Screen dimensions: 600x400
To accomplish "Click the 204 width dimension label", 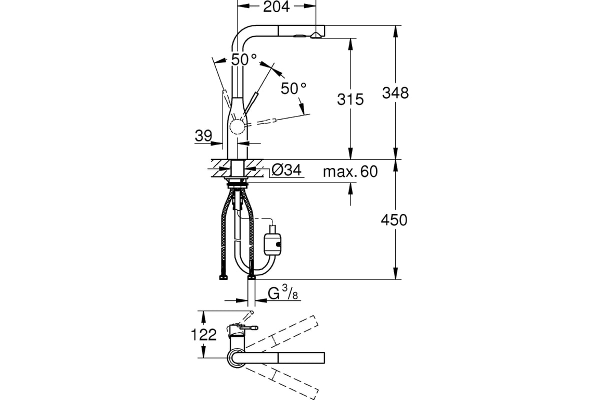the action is (x=276, y=6).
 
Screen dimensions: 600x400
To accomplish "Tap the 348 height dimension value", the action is (x=395, y=93).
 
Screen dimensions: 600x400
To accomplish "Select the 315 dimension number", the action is (x=350, y=99).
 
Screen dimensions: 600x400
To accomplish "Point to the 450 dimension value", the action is (x=394, y=220).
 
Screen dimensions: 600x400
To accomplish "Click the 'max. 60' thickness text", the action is (x=350, y=171).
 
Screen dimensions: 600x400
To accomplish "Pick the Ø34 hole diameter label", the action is (x=286, y=170).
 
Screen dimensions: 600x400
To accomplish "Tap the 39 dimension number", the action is (x=203, y=135).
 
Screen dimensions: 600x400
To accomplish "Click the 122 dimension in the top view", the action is (x=203, y=334).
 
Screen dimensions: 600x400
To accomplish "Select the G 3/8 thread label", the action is (x=283, y=293).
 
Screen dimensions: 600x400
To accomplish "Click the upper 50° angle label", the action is (x=244, y=59).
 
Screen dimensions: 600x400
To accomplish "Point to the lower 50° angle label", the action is (x=293, y=88).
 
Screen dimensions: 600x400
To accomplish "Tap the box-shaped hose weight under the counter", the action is (x=272, y=244).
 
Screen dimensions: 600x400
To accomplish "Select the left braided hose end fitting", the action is (x=223, y=277).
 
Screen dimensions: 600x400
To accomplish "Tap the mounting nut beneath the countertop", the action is (x=237, y=184).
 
